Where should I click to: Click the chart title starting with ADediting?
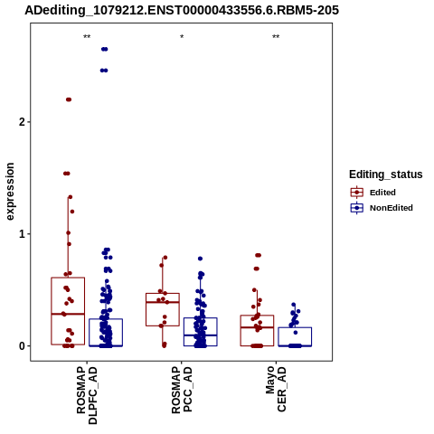pos(182,10)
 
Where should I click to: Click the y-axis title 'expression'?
pos(10,192)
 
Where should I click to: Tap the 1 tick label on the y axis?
pos(22,234)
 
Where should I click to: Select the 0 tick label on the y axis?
pos(22,346)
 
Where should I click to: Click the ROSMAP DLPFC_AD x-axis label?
pos(87,395)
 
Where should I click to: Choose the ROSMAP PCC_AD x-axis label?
pos(182,390)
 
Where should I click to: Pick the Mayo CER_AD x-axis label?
pos(276,389)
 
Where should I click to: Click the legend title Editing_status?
pos(386,175)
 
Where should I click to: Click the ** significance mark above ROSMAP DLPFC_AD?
pos(87,37)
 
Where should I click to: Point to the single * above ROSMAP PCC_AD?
pos(182,37)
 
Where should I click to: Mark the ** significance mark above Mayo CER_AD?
pos(276,37)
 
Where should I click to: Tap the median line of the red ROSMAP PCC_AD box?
pos(163,302)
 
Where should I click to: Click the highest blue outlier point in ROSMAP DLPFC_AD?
pos(104,49)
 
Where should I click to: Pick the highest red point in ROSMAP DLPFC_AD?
pos(69,99)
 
